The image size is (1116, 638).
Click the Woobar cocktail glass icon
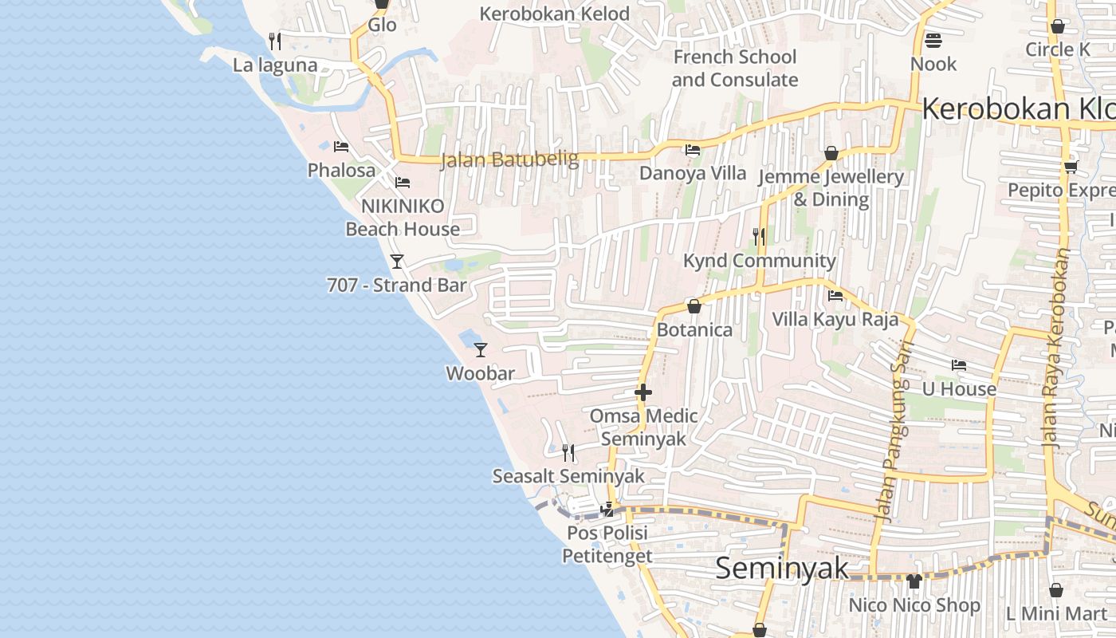point(481,349)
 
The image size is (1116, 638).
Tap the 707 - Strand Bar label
point(397,285)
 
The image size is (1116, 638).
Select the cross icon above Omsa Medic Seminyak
point(643,392)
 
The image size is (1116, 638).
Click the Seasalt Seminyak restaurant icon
point(568,453)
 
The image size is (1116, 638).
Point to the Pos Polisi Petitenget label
point(607,544)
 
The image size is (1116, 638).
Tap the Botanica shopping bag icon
point(694,306)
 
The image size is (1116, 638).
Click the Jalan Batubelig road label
point(510,159)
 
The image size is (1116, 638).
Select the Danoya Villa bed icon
point(693,150)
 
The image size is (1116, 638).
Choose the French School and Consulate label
point(734,69)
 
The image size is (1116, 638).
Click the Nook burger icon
point(933,40)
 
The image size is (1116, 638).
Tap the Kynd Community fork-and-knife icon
point(759,236)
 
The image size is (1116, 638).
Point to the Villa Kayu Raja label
point(835,320)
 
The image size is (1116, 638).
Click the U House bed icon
point(959,365)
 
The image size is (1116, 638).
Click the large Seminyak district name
point(782,569)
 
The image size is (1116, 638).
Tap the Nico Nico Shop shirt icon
point(914,581)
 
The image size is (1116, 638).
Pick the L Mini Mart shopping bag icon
point(1056,590)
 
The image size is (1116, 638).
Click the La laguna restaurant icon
point(275,41)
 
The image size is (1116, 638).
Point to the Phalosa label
point(341,171)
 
